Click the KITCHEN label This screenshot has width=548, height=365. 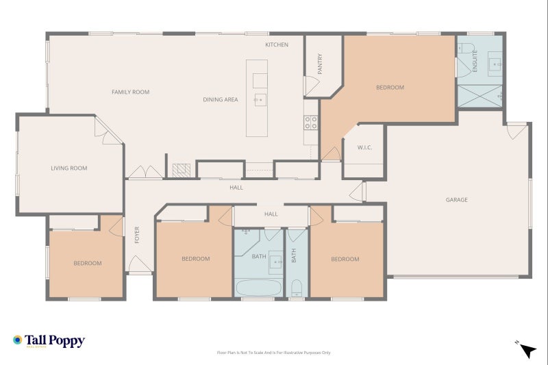pos(277,45)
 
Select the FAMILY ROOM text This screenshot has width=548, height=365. pos(131,92)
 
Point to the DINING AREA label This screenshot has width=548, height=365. pos(221,100)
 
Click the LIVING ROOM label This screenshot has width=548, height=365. pos(69,168)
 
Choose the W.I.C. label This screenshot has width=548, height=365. pos(364,148)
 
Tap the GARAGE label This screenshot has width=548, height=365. pos(457,200)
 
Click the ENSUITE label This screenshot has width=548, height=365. pos(475,61)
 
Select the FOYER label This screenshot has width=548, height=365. pos(137,235)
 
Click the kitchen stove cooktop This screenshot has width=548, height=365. pos(311,123)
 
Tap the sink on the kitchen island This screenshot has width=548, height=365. pos(260,100)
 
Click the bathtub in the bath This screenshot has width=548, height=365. pos(259,287)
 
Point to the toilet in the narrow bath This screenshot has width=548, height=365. pos(297,288)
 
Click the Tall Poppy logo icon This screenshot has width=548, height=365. pos(17,340)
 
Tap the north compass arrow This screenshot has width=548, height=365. pos(527,350)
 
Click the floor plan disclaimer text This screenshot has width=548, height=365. pos(273,353)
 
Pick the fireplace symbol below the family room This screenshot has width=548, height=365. pos(180,169)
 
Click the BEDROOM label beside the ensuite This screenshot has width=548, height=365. pos(390,88)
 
